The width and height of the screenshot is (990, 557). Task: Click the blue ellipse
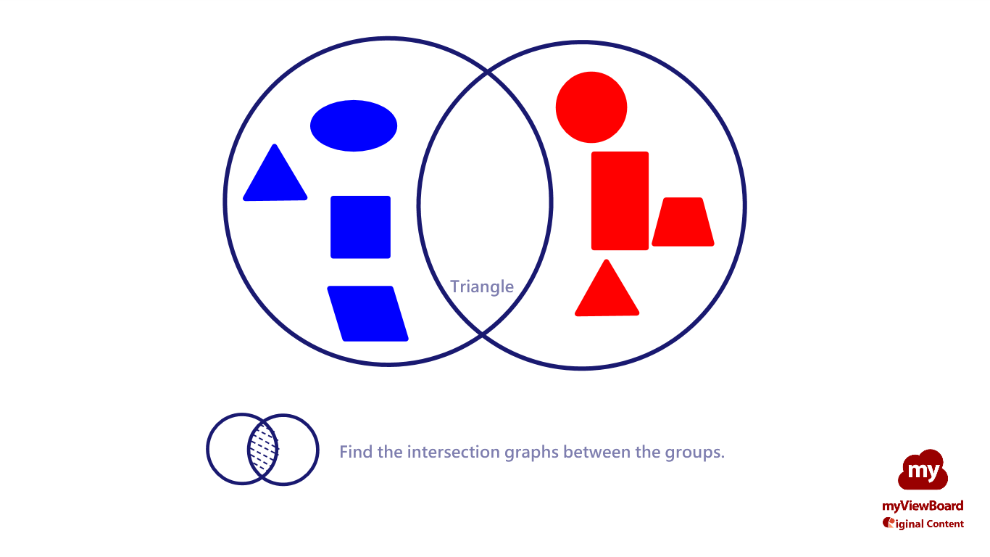[x=354, y=125]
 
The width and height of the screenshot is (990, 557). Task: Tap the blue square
[x=361, y=227]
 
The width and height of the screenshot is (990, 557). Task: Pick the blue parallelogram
[x=367, y=313]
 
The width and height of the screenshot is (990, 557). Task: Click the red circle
[x=591, y=107]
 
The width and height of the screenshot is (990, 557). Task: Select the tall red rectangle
[x=620, y=201]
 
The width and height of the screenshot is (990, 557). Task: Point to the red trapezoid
[x=683, y=222]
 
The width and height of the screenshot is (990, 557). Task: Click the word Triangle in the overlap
[x=482, y=286]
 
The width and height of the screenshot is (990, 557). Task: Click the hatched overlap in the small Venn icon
[x=263, y=450]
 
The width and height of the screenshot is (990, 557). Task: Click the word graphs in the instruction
[x=532, y=453]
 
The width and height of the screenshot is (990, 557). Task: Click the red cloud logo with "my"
[x=923, y=470]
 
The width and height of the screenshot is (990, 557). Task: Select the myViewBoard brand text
[x=923, y=506]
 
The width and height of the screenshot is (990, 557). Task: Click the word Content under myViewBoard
[x=945, y=524]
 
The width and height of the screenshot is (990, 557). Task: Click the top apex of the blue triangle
[x=275, y=144]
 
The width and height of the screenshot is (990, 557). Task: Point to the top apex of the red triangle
[x=607, y=260]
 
